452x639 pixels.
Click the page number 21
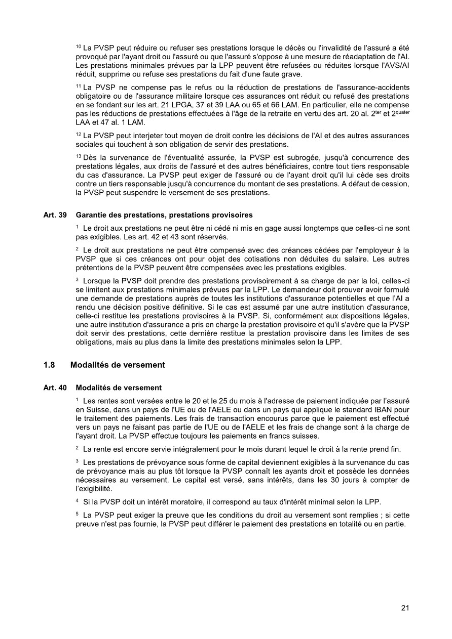point(405,608)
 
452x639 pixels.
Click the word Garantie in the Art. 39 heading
point(91,215)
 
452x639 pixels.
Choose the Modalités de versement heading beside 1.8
point(118,365)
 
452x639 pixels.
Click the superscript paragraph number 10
point(78,47)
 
